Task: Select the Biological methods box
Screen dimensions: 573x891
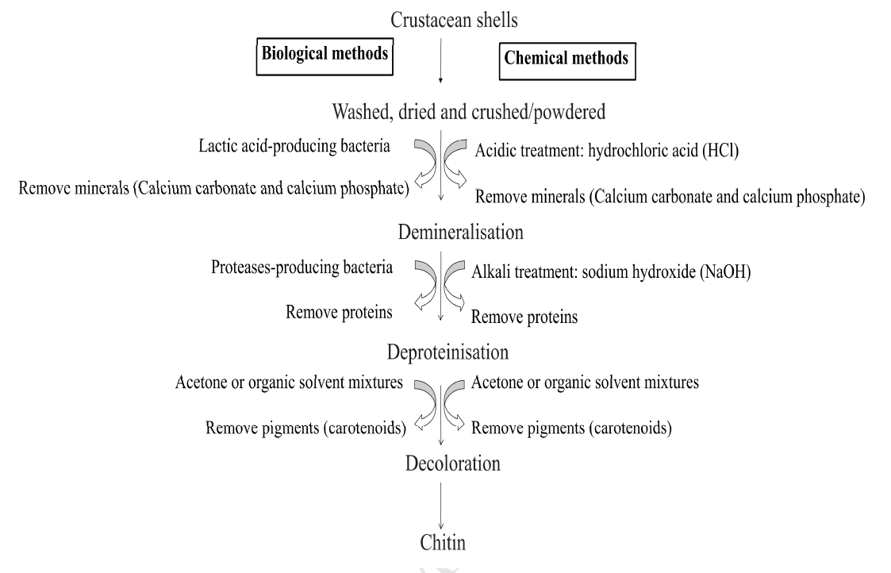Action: click(325, 56)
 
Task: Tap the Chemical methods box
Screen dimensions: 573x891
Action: click(566, 59)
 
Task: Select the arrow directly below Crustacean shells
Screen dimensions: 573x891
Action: click(440, 63)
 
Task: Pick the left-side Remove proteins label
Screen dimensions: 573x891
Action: click(340, 312)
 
